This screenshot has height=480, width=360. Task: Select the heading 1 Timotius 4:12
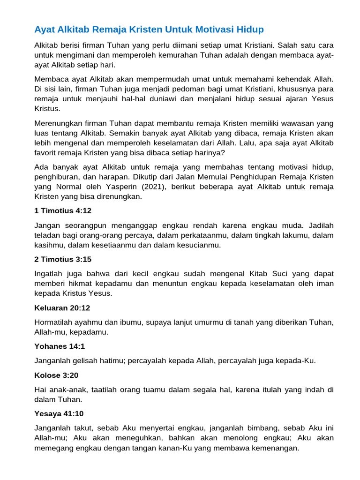click(62, 211)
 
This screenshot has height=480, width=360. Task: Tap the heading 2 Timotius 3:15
click(62, 259)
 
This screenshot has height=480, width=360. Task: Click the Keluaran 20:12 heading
click(62, 308)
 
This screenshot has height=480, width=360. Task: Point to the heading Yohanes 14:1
click(60, 346)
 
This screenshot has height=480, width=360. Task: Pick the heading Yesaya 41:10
click(59, 414)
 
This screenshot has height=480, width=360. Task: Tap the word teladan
click(48, 235)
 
